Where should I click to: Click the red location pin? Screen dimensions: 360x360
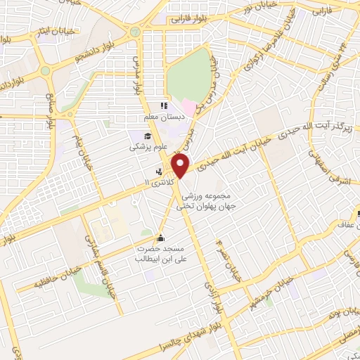pyautogui.click(x=182, y=166)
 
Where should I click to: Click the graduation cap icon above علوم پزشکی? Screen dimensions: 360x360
pyautogui.click(x=148, y=136)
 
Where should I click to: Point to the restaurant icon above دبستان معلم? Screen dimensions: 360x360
pyautogui.click(x=163, y=106)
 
